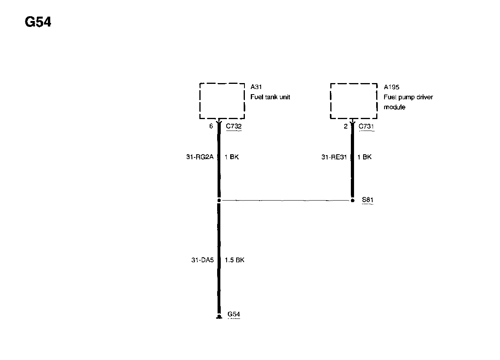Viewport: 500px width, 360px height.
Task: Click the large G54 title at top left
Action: coord(38,23)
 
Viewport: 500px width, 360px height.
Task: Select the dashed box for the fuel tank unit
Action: coord(222,101)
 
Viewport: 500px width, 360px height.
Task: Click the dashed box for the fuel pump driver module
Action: coord(354,101)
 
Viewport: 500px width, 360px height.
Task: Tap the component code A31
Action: coord(256,87)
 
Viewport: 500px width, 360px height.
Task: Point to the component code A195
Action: coord(391,87)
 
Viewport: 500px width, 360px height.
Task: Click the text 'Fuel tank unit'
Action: coord(270,97)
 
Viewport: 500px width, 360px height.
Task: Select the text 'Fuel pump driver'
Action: coord(408,97)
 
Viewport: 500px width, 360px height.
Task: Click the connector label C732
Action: coord(234,126)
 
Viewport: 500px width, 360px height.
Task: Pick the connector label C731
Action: coord(366,126)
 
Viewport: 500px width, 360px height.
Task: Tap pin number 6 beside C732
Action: coord(211,126)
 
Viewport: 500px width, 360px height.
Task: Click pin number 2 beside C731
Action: coord(346,126)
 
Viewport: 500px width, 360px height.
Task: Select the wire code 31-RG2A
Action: coord(200,157)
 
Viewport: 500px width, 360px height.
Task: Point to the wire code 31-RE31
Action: coord(334,157)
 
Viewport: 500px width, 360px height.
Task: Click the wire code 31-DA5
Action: coord(202,260)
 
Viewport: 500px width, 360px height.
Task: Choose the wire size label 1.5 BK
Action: coord(235,260)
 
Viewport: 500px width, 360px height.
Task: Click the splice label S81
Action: coord(367,200)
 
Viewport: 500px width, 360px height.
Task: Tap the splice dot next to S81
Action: coord(352,200)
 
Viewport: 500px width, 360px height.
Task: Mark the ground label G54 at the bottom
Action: coord(234,315)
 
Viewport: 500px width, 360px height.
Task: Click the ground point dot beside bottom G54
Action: coord(219,316)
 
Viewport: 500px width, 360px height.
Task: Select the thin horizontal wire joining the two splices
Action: coord(285,201)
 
